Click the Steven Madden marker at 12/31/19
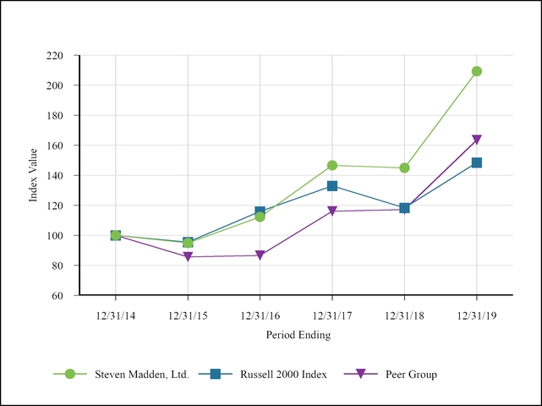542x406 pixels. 477,71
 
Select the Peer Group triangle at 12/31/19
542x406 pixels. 477,140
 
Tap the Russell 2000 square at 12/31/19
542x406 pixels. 477,162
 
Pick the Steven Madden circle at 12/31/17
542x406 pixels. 332,166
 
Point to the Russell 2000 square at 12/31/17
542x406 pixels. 332,186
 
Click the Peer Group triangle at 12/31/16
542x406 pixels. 260,255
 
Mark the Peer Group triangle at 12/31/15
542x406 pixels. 188,256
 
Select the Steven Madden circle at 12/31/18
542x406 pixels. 404,167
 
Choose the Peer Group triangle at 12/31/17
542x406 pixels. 332,211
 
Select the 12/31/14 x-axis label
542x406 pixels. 115,315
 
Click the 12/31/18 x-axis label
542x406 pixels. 404,315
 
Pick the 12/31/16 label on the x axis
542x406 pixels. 260,315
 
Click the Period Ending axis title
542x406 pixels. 298,335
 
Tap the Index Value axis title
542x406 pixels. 34,175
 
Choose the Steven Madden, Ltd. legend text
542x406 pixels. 141,374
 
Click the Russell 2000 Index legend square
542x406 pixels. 215,374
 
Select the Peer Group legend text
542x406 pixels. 411,374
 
